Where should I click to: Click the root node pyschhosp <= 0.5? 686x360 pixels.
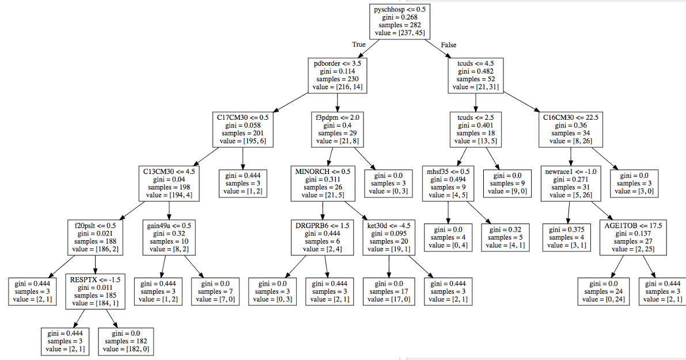point(401,22)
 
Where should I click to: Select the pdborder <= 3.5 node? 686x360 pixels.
point(338,75)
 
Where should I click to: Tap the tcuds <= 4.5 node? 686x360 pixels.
point(476,75)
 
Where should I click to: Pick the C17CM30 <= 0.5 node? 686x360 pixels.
point(242,129)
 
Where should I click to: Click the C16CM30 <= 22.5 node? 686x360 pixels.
point(571,129)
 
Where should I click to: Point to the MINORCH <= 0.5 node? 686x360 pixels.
point(322,183)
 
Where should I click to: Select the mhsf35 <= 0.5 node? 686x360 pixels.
point(449,183)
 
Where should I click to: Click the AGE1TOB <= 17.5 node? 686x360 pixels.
point(633,237)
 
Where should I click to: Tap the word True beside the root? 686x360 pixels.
point(359,44)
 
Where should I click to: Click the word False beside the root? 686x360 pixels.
point(449,44)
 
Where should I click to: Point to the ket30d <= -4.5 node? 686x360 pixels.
point(389,237)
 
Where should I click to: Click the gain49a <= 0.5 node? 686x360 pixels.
point(169,237)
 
